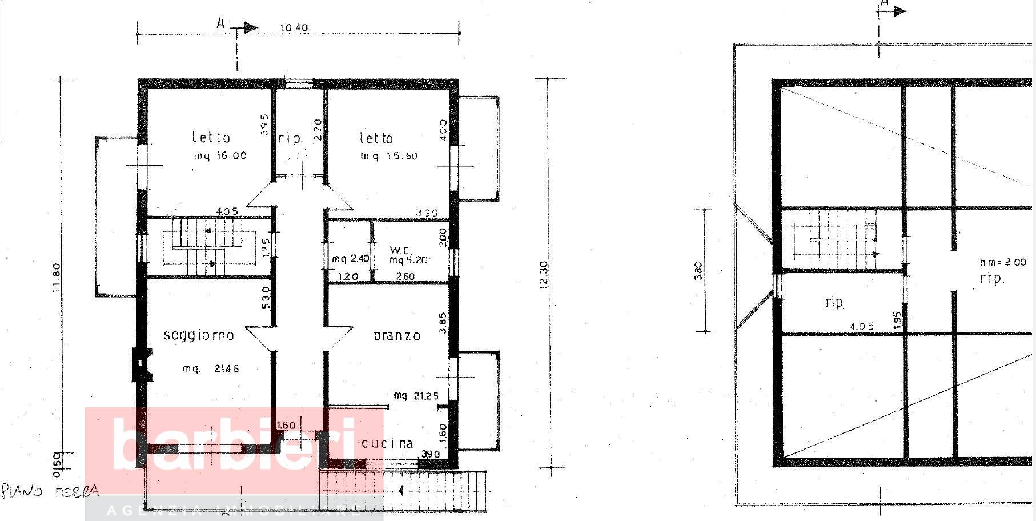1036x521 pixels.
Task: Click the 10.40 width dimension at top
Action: [x=294, y=28]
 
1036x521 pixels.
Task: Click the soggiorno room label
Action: [x=199, y=335]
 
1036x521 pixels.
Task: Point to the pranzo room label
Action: [x=397, y=336]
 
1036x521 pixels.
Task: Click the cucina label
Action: [x=387, y=443]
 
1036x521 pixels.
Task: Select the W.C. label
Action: [x=397, y=250]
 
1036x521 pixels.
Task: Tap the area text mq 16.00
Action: [x=220, y=155]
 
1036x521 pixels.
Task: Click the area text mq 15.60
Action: [x=388, y=156]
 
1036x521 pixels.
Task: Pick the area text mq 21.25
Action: [x=416, y=395]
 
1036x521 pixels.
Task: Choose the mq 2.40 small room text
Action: [x=351, y=259]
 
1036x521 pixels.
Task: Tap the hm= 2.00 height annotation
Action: [x=1002, y=262]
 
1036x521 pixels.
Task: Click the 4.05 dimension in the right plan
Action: [x=861, y=327]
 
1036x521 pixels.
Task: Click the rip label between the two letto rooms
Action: [x=290, y=139]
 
